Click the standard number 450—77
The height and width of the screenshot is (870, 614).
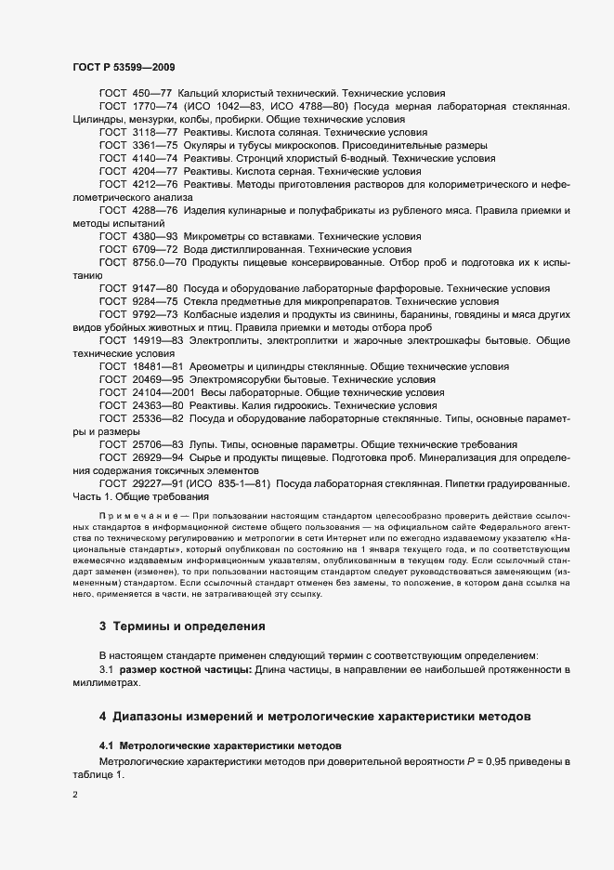click(x=152, y=94)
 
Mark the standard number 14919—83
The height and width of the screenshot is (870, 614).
click(x=158, y=340)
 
